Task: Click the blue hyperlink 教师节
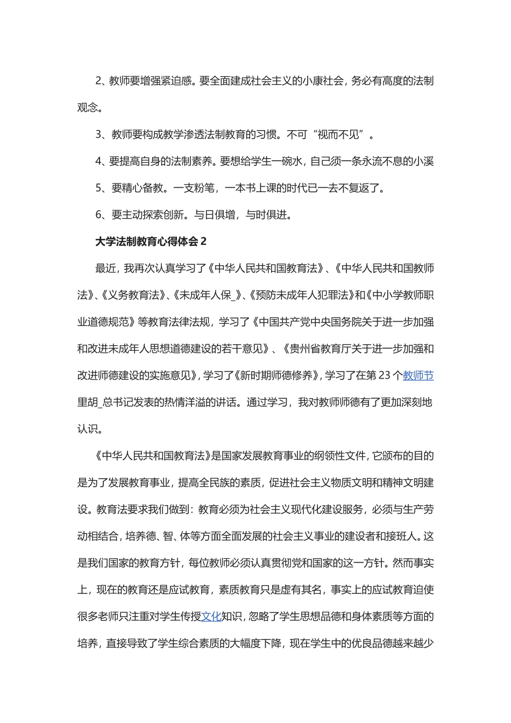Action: (418, 375)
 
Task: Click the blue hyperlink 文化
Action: (211, 616)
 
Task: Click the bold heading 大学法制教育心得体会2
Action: (151, 242)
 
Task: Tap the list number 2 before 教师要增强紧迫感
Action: (99, 81)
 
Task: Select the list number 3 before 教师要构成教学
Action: (99, 134)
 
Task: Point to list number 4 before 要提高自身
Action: (99, 161)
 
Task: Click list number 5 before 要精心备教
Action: (99, 188)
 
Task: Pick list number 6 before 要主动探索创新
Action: (99, 215)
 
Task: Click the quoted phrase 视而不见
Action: (338, 134)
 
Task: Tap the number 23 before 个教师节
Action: (385, 375)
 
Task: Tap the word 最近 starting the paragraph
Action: (106, 268)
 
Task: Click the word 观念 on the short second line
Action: (88, 108)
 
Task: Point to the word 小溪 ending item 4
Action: (423, 161)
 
